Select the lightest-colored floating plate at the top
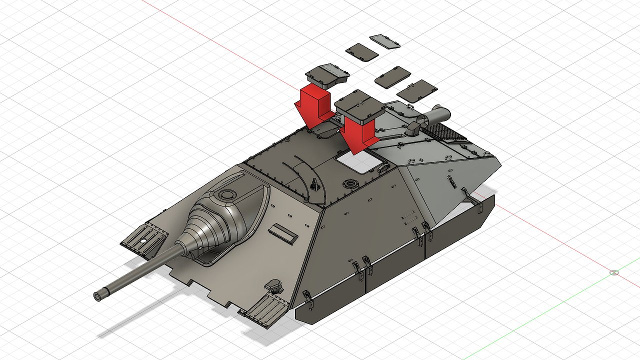coord(385,41)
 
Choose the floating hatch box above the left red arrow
coord(327,75)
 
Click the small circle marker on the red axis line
coord(614,272)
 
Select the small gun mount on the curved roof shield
coord(314,185)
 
